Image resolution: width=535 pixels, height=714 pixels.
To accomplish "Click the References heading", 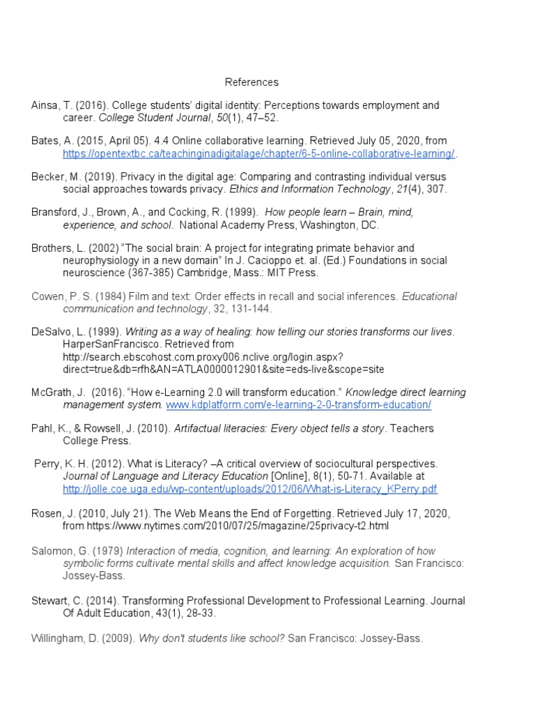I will pos(251,82).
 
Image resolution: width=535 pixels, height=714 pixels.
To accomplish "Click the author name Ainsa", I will pos(45,105).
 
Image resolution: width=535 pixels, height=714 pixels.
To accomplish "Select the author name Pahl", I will pos(42,428).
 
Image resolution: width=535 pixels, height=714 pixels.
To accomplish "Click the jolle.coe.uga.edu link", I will pos(250,489).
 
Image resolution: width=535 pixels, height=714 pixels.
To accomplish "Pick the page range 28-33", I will pos(201,613).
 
